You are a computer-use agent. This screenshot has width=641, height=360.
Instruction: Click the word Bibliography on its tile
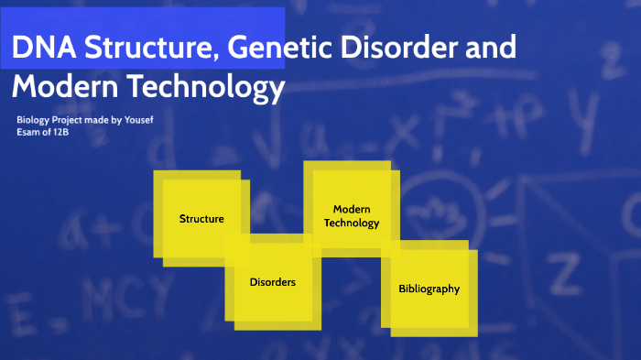pyautogui.click(x=429, y=289)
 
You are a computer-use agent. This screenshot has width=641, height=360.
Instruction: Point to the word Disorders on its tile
pyautogui.click(x=273, y=282)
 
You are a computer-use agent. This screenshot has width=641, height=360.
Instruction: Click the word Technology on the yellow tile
pyautogui.click(x=352, y=223)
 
